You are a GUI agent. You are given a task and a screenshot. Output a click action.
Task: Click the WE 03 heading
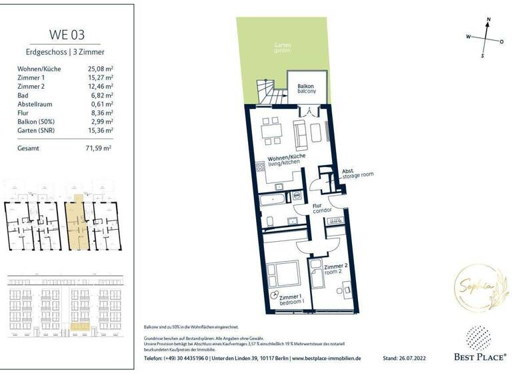67,34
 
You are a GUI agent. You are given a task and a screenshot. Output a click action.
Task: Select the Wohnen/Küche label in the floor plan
287,158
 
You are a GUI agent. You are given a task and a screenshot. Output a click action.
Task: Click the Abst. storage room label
357,173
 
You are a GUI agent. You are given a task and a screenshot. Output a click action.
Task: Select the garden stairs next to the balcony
267,91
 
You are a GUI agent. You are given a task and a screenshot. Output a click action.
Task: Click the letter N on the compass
489,21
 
